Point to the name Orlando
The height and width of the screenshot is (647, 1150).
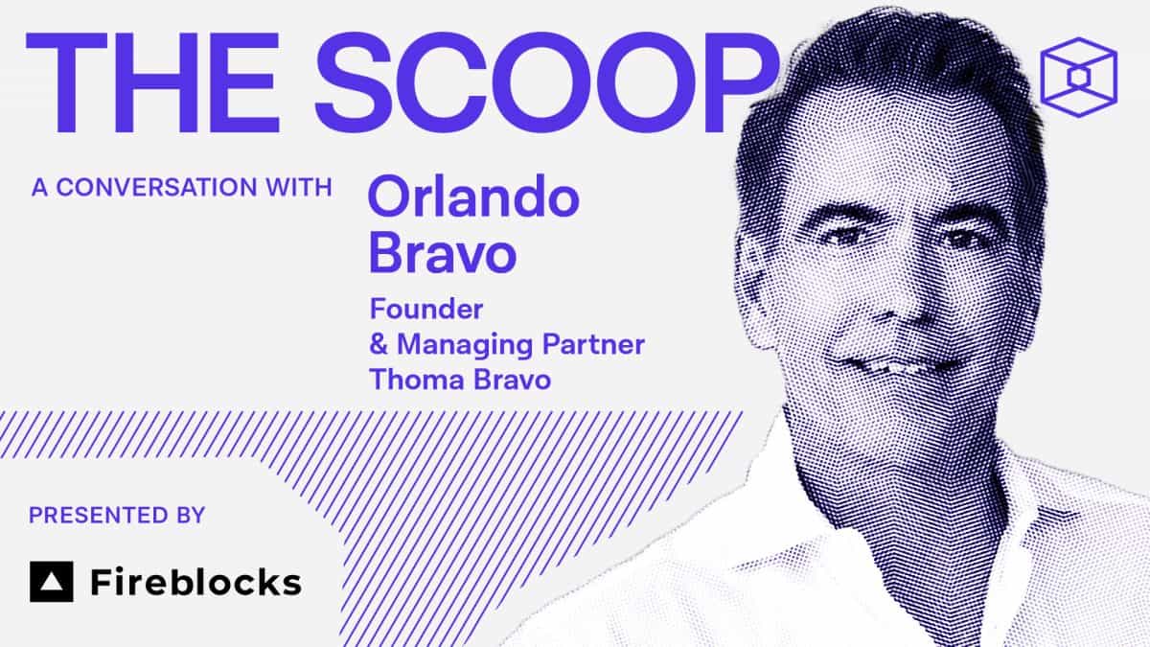[x=474, y=198]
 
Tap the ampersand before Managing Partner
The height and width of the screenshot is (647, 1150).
[x=380, y=344]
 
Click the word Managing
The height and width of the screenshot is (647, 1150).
[x=463, y=346]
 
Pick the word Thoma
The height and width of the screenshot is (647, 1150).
[x=413, y=379]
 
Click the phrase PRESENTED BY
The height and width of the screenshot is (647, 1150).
[x=117, y=516]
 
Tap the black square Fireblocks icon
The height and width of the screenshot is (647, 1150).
[x=51, y=582]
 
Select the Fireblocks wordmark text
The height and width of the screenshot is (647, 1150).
[x=195, y=582]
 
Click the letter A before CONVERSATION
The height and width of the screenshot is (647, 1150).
[x=39, y=187]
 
